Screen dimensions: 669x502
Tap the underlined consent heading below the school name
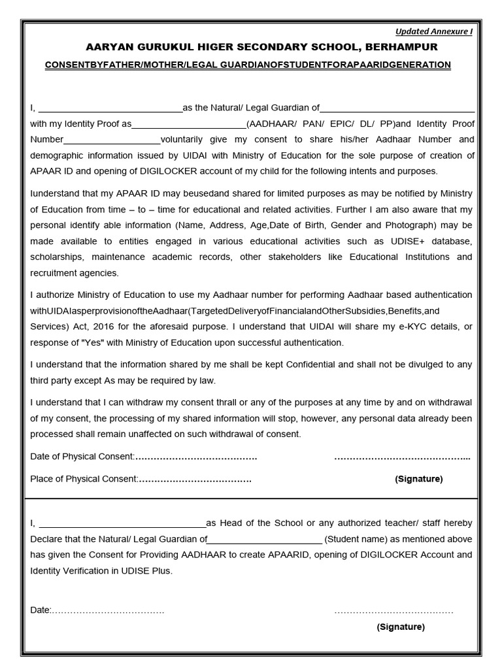pyautogui.click(x=248, y=65)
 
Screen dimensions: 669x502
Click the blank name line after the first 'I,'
pyautogui.click(x=110, y=108)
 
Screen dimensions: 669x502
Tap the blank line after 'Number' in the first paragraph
pyautogui.click(x=112, y=140)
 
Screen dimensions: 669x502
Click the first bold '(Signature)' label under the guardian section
pyautogui.click(x=418, y=479)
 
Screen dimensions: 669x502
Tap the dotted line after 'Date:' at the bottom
pyautogui.click(x=108, y=611)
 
